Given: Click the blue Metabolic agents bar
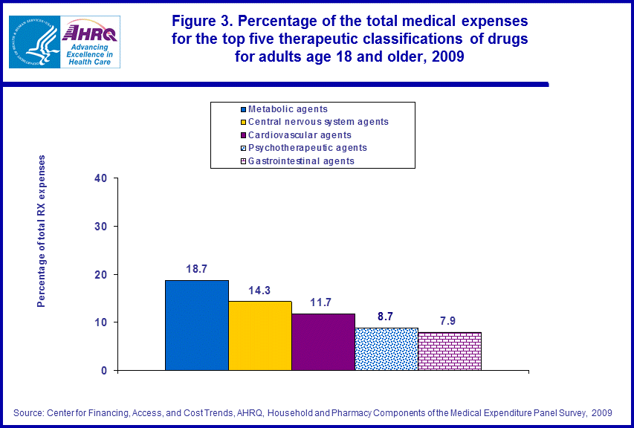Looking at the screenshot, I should coord(196,325).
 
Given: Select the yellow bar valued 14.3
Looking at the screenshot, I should coord(259,335).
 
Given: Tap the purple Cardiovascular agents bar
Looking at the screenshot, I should coord(323,342).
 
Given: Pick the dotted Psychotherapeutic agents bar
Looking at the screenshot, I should coord(386,348).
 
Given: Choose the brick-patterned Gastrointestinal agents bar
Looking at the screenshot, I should coord(450,351).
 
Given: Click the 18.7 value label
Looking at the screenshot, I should coord(196,268).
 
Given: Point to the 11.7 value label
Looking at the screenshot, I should coord(323,302).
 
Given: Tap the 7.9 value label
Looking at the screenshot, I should coord(450,320).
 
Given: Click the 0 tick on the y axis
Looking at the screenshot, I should coord(104,370).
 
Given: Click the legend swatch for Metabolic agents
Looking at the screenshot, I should coord(242,110).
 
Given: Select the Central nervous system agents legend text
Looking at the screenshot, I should coord(318,122).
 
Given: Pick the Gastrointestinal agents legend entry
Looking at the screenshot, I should coord(301,160).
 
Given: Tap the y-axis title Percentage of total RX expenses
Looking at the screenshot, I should coord(42,231).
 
